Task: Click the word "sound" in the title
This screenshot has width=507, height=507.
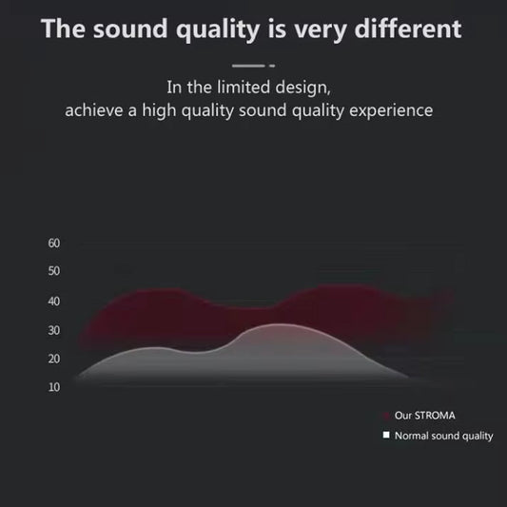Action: point(130,29)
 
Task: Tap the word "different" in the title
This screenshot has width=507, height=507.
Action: point(408,29)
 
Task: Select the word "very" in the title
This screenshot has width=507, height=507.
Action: point(320,30)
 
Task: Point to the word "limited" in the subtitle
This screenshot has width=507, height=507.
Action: point(244,87)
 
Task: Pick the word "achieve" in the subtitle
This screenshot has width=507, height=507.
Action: point(94,110)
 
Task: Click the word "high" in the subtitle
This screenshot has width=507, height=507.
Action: point(159,110)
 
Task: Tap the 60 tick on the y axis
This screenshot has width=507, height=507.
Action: point(54,244)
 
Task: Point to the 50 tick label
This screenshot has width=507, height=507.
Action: point(54,271)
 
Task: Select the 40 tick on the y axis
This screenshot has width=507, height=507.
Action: point(54,302)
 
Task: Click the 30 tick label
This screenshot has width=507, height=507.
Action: point(54,330)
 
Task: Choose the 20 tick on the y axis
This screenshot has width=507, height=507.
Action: point(54,359)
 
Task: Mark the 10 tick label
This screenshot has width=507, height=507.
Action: point(54,387)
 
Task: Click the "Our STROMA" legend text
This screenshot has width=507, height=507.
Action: point(424,416)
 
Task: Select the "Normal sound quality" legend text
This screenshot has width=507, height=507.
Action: point(443,436)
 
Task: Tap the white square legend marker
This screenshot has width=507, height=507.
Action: point(386,435)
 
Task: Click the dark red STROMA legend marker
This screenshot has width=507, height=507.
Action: point(386,416)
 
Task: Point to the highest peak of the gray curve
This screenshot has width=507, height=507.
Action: point(279,324)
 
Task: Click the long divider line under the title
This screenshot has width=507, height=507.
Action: point(248,66)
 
